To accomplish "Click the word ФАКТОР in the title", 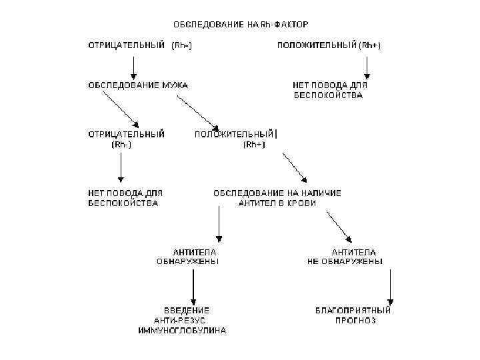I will [291, 25].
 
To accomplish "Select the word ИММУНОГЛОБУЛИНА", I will [182, 330].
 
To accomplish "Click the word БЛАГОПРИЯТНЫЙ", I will [353, 310].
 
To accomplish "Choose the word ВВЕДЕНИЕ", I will [187, 310].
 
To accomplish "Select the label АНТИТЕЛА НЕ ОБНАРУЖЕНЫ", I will [345, 257].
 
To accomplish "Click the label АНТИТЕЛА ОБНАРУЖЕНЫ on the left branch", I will [187, 257].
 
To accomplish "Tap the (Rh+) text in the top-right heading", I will [369, 45].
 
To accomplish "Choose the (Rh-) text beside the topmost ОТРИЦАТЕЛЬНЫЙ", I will [183, 45].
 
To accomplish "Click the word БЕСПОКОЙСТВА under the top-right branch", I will [329, 95].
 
